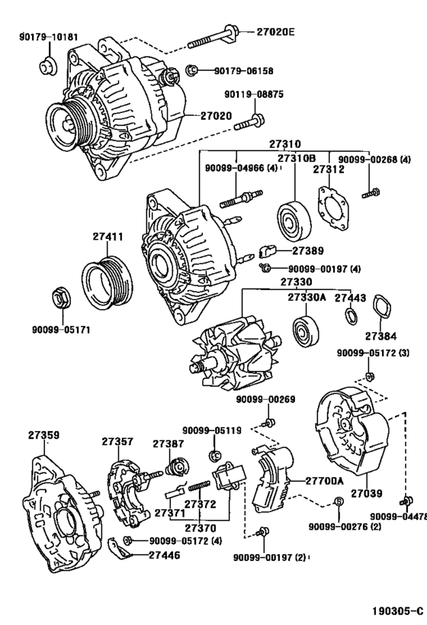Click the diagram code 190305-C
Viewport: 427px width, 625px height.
(x=396, y=612)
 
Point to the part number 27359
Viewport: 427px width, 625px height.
(x=44, y=436)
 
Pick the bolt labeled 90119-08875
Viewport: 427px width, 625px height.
(x=250, y=121)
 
